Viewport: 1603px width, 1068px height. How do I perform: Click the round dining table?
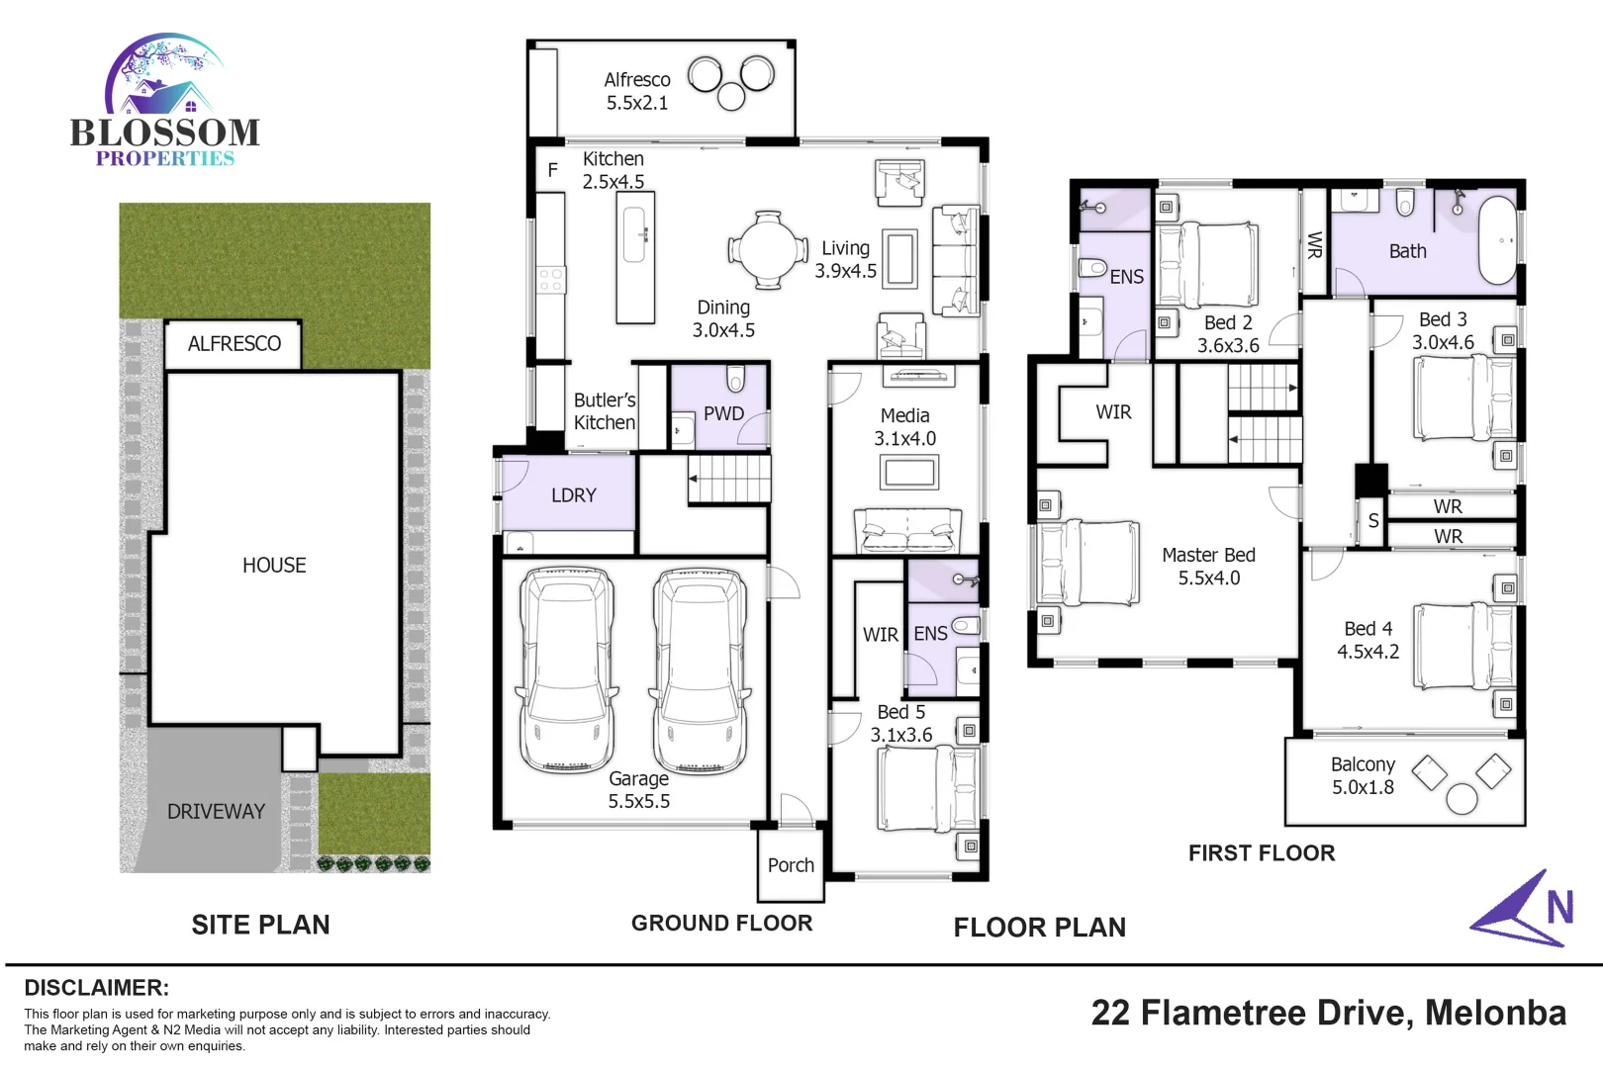point(768,249)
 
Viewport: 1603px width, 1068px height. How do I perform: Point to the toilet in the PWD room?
point(735,379)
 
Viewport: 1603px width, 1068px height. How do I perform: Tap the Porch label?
point(791,865)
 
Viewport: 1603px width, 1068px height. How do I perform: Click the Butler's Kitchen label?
point(605,411)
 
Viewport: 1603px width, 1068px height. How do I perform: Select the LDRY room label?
point(574,495)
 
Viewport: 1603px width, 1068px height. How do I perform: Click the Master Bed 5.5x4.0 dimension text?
point(1208,578)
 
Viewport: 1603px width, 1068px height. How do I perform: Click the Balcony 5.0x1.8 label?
point(1363,775)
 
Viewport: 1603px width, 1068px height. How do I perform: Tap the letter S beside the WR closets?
point(1373,521)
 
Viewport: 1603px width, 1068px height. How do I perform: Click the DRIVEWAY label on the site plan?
point(216,812)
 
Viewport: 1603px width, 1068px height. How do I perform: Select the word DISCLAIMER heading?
point(96,988)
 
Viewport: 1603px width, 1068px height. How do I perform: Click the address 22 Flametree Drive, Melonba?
point(1328,1013)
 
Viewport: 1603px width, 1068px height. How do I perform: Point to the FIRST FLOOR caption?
point(1262,852)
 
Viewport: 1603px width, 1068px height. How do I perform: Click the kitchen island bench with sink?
point(635,257)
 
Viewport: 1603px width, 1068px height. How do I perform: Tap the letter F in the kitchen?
point(553,170)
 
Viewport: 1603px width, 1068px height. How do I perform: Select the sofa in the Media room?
point(907,532)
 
